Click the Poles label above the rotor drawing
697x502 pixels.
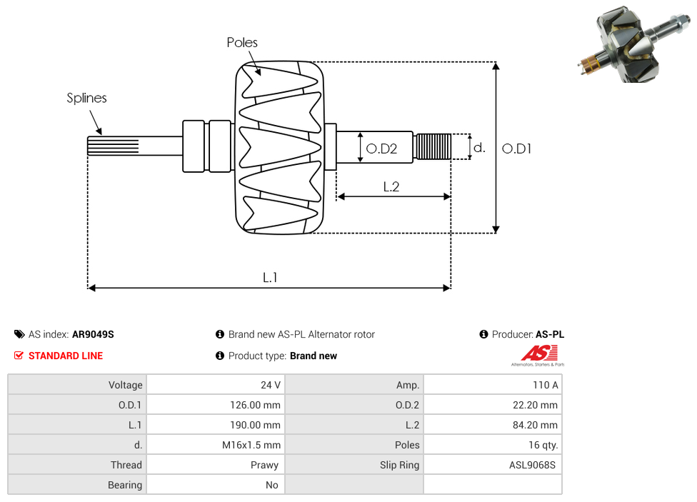pyautogui.click(x=242, y=43)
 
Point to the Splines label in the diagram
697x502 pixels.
pyautogui.click(x=86, y=98)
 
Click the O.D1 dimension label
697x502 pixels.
pyautogui.click(x=517, y=149)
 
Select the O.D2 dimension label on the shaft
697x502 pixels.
pyautogui.click(x=381, y=149)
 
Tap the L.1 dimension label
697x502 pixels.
pyautogui.click(x=269, y=277)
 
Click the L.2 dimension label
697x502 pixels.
pyautogui.click(x=391, y=187)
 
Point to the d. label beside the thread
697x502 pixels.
pyautogui.click(x=480, y=148)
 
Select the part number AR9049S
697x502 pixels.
pyautogui.click(x=93, y=334)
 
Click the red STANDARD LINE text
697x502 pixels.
pyautogui.click(x=65, y=356)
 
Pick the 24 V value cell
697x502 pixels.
pyautogui.click(x=271, y=385)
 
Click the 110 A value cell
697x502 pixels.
pyautogui.click(x=545, y=385)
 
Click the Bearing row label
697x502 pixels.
pyautogui.click(x=125, y=485)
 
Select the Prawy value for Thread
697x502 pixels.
pyautogui.click(x=265, y=465)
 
